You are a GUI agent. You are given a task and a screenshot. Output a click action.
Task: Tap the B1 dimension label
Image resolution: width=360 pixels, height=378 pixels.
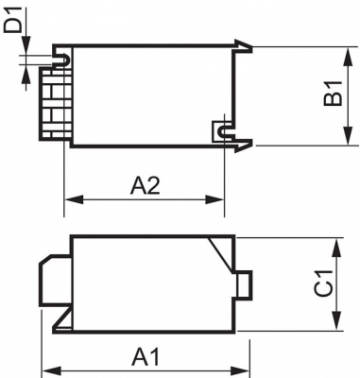[331, 94]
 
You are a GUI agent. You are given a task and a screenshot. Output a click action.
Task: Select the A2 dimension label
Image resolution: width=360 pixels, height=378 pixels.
[145, 185]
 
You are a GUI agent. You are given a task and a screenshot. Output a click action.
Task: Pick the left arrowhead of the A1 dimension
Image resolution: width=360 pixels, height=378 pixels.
[52, 370]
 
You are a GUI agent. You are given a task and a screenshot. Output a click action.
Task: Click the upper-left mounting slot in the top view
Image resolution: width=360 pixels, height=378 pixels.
[62, 61]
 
